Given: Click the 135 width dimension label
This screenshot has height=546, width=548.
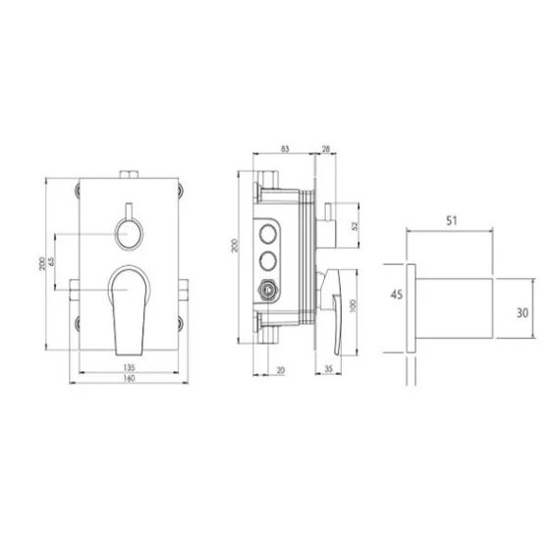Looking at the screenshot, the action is [x=129, y=367].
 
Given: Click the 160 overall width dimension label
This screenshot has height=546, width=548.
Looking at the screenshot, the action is [x=129, y=378].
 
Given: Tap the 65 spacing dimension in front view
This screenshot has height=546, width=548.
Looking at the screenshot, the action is [x=52, y=261].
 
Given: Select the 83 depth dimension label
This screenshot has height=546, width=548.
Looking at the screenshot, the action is [x=285, y=149].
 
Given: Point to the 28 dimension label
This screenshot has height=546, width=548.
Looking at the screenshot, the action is [x=325, y=149].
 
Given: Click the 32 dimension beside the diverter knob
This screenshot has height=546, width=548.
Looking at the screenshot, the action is [x=356, y=227].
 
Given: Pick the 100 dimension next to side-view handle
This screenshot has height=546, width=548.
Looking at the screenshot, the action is [x=353, y=305].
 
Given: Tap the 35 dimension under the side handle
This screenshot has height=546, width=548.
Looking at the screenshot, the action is [x=329, y=369].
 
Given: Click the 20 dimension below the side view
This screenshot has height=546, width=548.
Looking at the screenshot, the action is [x=281, y=370].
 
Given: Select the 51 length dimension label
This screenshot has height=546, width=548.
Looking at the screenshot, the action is [x=452, y=221].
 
